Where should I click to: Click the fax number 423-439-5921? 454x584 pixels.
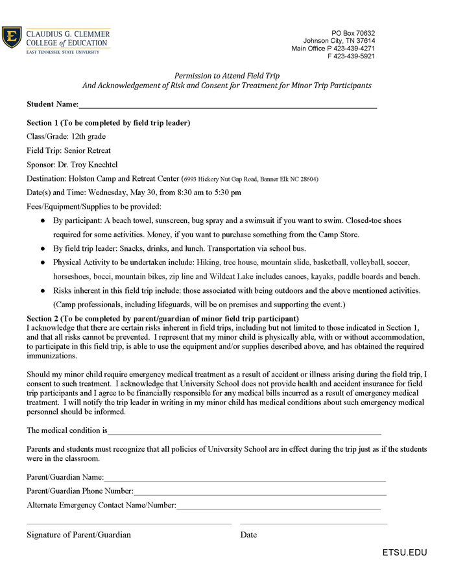[355, 56]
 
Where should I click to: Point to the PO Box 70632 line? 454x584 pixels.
[353, 33]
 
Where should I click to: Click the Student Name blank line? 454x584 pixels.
[227, 106]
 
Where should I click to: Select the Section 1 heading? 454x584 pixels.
[108, 123]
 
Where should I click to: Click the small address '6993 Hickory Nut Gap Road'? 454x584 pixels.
[221, 179]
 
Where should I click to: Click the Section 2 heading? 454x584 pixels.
[162, 318]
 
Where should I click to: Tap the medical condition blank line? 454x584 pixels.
[245, 431]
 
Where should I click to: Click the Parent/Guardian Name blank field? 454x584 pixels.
[245, 478]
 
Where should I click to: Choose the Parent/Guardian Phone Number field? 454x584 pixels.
[259, 492]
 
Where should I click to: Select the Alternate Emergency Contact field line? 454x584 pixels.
[279, 506]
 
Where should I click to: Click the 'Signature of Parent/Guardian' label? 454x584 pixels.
[78, 535]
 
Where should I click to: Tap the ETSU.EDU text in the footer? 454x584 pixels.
[405, 553]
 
